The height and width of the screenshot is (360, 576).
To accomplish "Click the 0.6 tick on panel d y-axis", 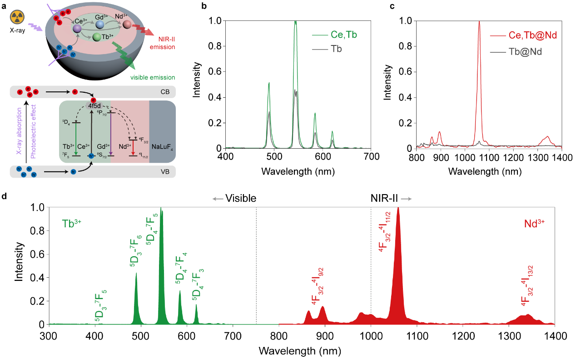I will pyautogui.click(x=37, y=254).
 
